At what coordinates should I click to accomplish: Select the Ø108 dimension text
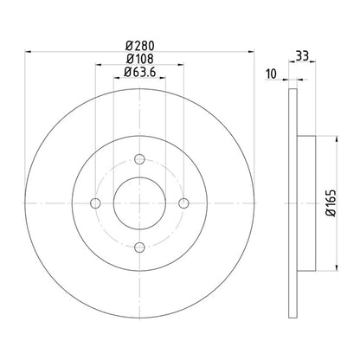click(139, 59)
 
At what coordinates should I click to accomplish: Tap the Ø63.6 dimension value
click(139, 73)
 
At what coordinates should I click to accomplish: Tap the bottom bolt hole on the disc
click(139, 247)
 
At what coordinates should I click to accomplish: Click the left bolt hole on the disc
click(94, 202)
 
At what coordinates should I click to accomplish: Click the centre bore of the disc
click(139, 202)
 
